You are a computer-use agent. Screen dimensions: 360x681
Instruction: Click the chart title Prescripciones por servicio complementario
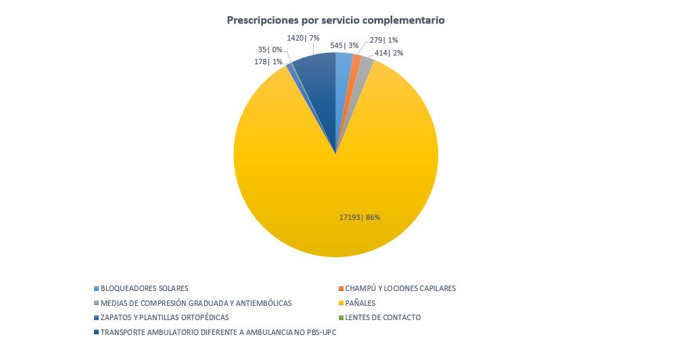coord(335,20)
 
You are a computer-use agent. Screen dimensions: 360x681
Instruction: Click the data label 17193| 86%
coord(360,217)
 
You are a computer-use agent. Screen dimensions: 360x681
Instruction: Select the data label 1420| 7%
coord(303,38)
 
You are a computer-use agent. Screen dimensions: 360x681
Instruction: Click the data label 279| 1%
coord(384,41)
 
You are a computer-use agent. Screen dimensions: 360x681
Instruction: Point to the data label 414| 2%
coord(389,52)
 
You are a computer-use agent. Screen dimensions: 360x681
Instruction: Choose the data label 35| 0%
coord(270,49)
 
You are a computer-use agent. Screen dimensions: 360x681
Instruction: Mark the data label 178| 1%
coord(268,62)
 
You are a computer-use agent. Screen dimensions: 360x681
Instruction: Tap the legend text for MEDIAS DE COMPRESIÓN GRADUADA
coord(196,303)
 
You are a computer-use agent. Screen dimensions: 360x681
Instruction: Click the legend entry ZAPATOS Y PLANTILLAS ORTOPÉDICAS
coord(164,317)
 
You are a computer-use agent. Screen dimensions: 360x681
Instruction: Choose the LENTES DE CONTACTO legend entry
coord(383,317)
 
